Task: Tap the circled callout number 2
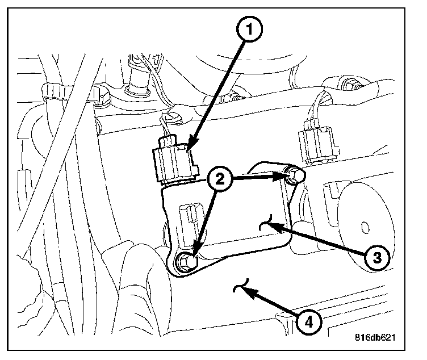point(220,179)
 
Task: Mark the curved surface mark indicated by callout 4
point(241,286)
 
